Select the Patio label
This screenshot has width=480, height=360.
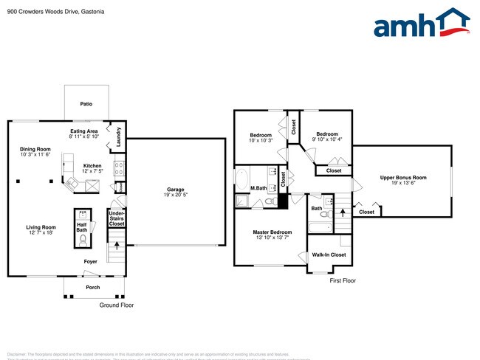(86, 105)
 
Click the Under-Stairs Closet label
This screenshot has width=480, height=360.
(117, 218)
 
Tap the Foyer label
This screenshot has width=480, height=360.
(90, 260)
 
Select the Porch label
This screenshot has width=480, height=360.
(93, 288)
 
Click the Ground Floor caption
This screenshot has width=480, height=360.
(117, 305)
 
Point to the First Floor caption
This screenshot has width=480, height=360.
(343, 281)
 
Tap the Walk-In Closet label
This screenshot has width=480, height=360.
(329, 255)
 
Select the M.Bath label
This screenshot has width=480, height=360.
(258, 188)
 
